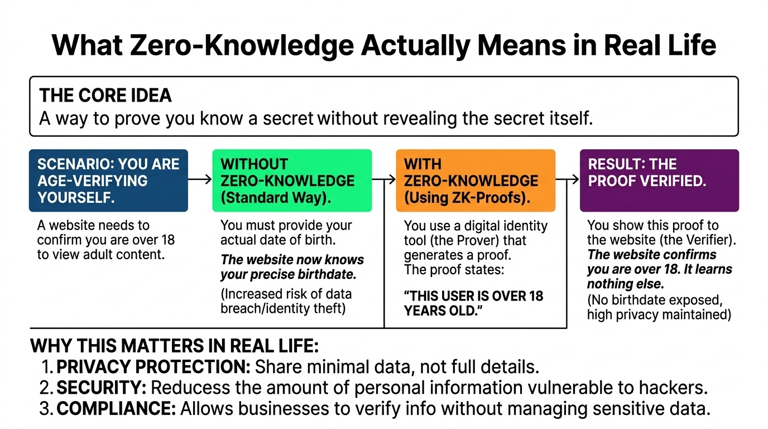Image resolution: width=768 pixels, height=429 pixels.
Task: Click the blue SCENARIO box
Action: (108, 180)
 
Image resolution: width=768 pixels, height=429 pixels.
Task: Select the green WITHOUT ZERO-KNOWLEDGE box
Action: (292, 180)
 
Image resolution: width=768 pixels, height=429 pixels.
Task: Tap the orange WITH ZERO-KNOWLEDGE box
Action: (476, 180)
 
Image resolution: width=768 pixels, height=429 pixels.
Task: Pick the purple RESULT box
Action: (659, 180)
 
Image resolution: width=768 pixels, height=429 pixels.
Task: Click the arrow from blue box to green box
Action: (200, 179)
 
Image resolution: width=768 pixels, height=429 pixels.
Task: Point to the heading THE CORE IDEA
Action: (105, 95)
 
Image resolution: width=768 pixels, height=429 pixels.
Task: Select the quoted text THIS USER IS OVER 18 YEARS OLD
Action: (473, 303)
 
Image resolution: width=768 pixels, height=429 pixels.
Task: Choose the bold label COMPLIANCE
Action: (117, 408)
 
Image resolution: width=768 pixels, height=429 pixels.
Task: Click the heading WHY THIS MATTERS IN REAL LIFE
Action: (174, 346)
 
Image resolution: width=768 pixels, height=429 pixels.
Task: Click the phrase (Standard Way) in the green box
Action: (276, 198)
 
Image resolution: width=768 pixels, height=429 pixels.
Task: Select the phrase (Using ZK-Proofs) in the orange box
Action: (467, 198)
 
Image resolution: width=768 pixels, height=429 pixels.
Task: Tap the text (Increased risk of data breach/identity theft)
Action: (286, 301)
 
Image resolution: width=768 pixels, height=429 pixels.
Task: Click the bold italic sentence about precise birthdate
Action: (292, 267)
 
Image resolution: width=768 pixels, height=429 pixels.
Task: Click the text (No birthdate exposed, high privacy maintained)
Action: (659, 308)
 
